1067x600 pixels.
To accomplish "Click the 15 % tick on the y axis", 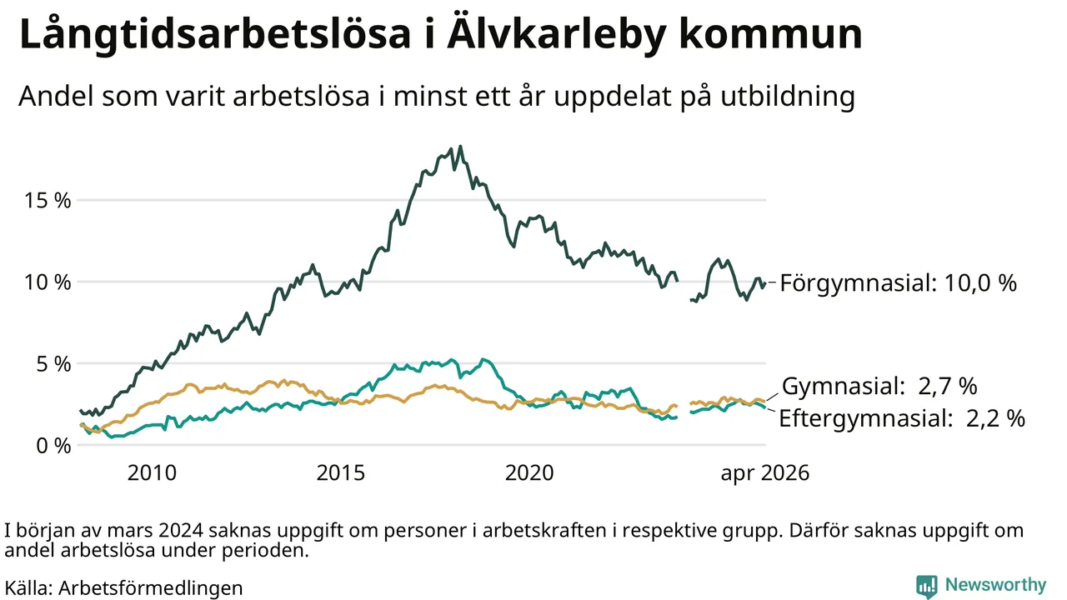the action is tap(48, 201).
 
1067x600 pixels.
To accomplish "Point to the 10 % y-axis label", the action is tap(48, 282).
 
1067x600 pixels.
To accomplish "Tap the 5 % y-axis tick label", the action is tap(53, 364).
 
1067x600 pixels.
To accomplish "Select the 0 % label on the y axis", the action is tap(53, 446).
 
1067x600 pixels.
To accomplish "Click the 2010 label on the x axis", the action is tap(152, 472).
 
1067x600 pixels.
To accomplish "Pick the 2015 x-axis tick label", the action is tap(341, 472).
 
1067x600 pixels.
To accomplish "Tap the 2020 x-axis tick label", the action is tap(529, 472).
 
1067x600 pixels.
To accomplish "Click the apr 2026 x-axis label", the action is tap(765, 473).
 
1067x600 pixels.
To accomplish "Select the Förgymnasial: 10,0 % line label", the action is tap(899, 283).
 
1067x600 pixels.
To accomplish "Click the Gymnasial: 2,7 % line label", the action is tap(879, 386).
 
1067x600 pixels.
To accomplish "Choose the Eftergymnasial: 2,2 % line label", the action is tap(902, 418).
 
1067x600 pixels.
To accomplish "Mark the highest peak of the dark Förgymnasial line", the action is tap(460, 146).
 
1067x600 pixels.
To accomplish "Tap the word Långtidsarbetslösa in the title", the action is tap(215, 35).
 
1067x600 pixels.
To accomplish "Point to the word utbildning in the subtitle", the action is tap(788, 96).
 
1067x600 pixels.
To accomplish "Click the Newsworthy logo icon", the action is tap(926, 586).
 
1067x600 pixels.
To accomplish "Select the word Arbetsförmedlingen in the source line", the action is tap(151, 588).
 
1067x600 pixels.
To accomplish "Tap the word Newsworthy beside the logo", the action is tap(995, 585).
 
